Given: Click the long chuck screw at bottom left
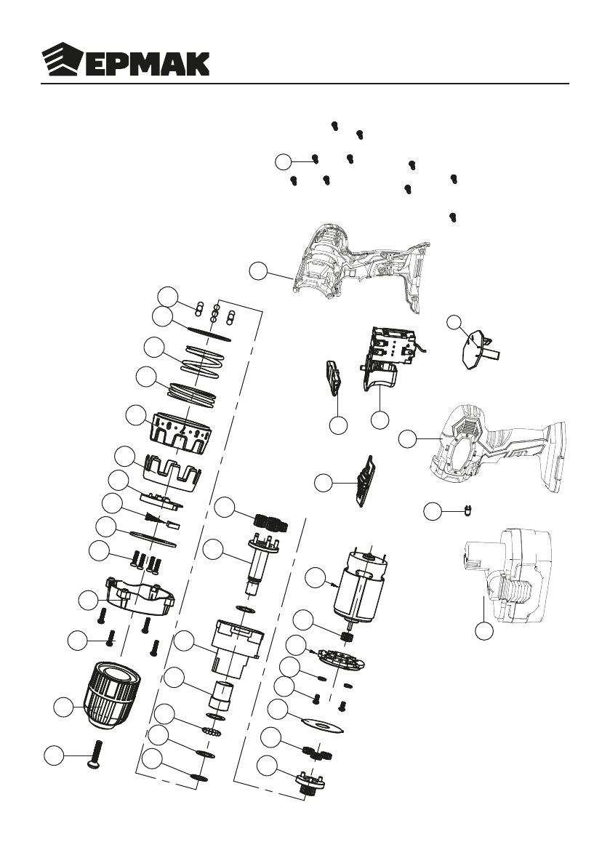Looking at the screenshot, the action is (x=97, y=754).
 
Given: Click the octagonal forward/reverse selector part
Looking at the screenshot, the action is (x=477, y=348).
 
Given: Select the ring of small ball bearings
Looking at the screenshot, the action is (x=212, y=730).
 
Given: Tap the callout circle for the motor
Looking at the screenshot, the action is (x=315, y=579).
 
